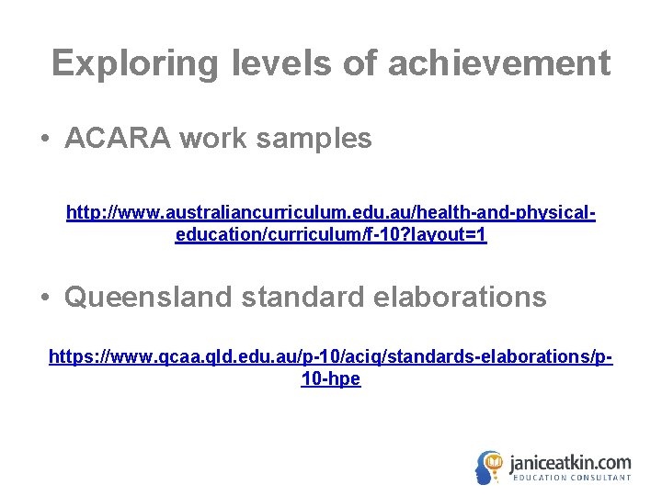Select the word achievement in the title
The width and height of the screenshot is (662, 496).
pyautogui.click(x=498, y=64)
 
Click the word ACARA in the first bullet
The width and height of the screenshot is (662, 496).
pyautogui.click(x=118, y=139)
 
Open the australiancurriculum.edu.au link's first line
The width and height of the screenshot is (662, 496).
pyautogui.click(x=331, y=214)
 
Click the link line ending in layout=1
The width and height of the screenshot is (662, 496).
pyautogui.click(x=331, y=236)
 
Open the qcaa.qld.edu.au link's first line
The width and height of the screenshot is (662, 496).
pyautogui.click(x=331, y=356)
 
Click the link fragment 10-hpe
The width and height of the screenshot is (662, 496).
pyautogui.click(x=331, y=378)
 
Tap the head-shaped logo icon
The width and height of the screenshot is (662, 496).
pyautogui.click(x=490, y=468)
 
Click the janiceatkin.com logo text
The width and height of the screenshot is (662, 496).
pyautogui.click(x=570, y=462)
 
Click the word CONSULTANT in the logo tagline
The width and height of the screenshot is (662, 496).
pyautogui.click(x=600, y=479)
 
